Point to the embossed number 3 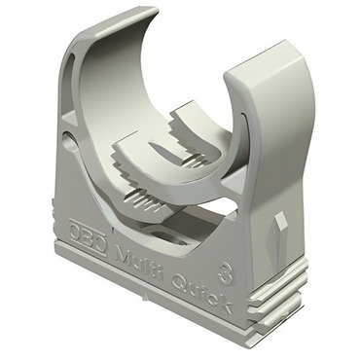point(225,274)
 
